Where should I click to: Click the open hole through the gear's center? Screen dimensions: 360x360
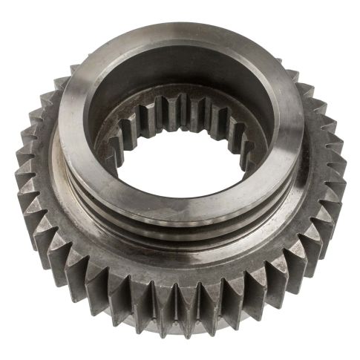(x=182, y=167)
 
